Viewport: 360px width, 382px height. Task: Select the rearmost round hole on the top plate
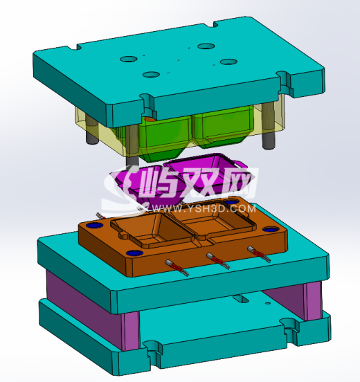click(205, 47)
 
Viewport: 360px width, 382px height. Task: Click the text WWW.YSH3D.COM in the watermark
click(221, 208)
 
